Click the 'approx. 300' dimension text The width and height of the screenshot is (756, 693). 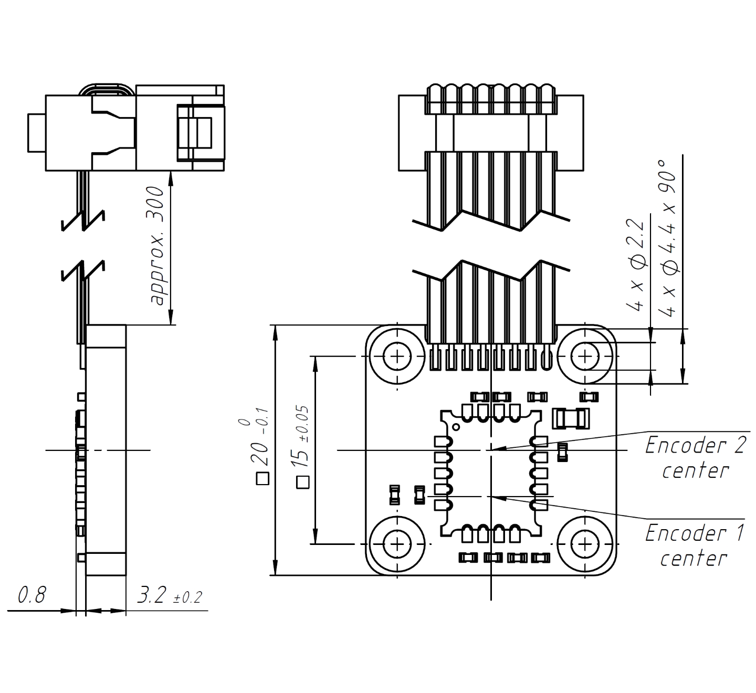(x=157, y=245)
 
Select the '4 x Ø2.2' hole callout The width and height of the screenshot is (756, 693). (x=636, y=266)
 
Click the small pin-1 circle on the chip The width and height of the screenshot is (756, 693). (x=456, y=426)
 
